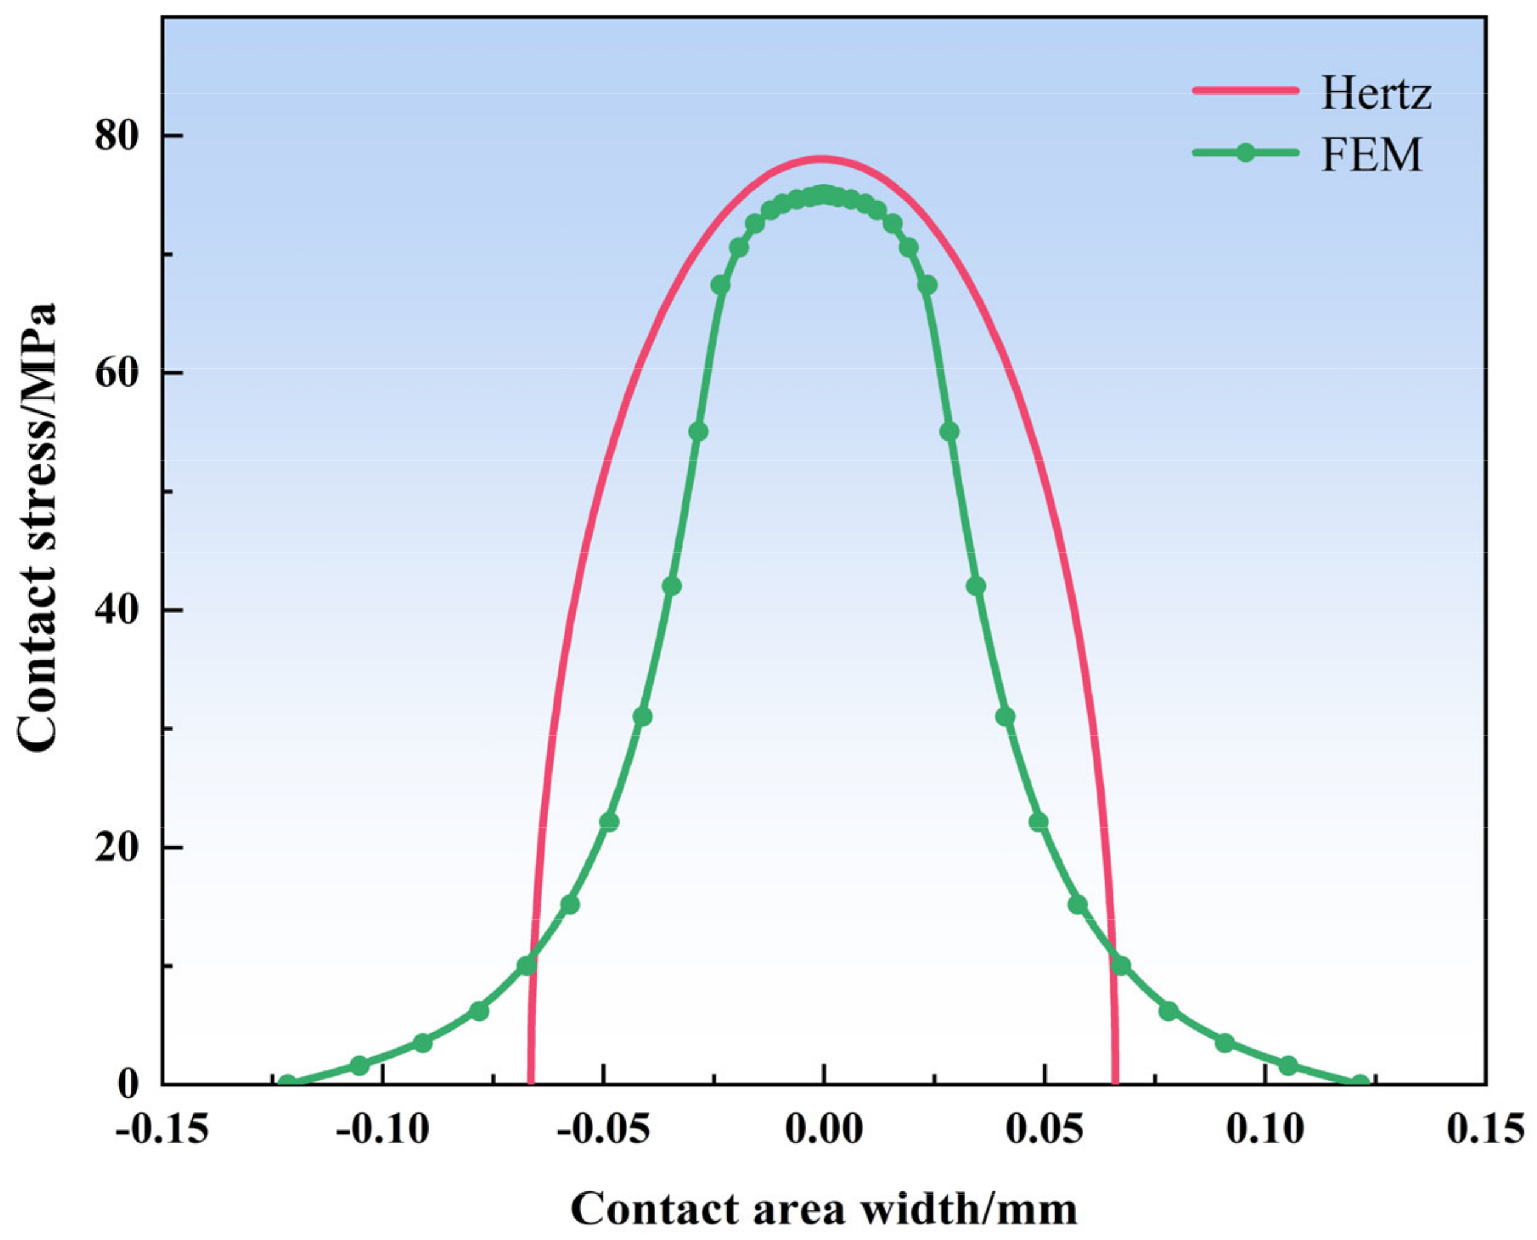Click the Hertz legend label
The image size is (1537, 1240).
(x=1375, y=94)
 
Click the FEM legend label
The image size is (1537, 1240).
(x=1371, y=155)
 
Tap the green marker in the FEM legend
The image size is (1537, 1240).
(x=1245, y=153)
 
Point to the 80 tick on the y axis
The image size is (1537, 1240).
(x=117, y=136)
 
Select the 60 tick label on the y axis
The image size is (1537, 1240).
(x=117, y=373)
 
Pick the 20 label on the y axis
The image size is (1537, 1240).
(x=117, y=847)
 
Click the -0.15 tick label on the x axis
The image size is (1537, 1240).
(x=162, y=1129)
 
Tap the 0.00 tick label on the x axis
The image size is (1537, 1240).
(x=823, y=1129)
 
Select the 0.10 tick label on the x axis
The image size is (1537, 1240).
(x=1265, y=1129)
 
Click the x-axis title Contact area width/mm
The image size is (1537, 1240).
(x=823, y=1208)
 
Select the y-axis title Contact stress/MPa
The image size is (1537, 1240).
(x=36, y=529)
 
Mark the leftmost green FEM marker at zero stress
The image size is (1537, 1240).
(x=286, y=1084)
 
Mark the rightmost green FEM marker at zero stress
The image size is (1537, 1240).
(x=1360, y=1084)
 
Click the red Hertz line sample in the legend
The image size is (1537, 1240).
(x=1245, y=90)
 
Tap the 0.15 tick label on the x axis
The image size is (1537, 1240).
(x=1485, y=1129)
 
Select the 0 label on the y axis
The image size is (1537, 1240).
(x=128, y=1084)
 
